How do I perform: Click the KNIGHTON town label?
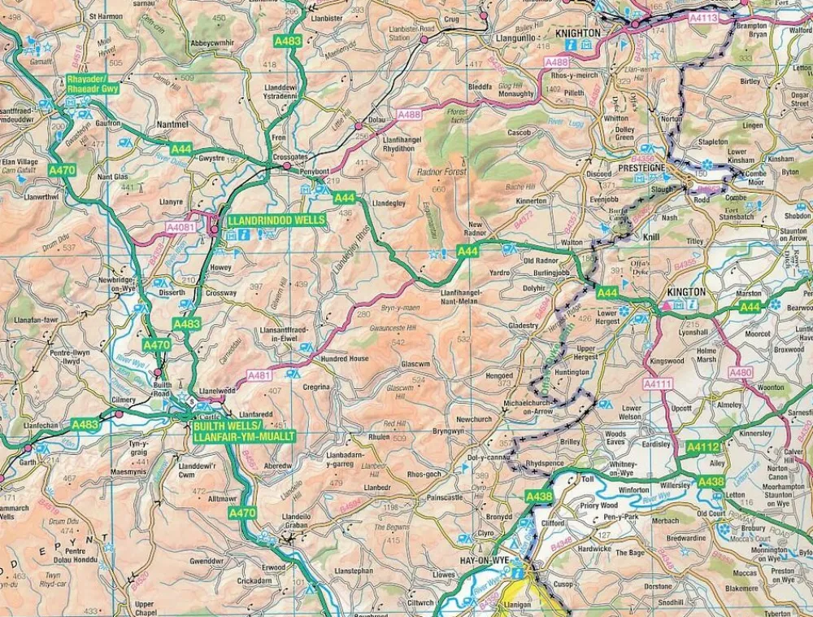point(578,33)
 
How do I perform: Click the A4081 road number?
point(180,228)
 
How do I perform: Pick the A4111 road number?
point(658,383)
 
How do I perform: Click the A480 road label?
point(741,373)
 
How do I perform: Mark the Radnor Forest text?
point(439,173)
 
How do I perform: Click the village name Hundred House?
point(345,359)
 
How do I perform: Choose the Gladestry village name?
point(524,325)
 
